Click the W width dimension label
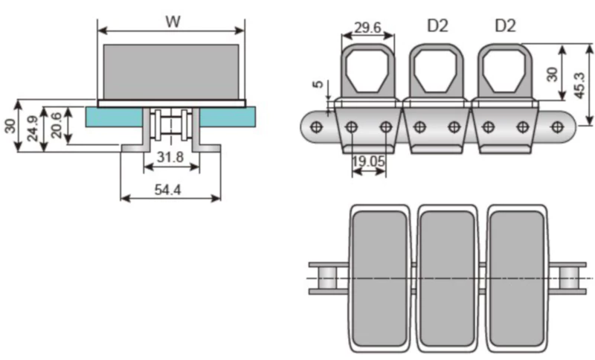tap(173, 22)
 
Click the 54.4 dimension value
tap(170, 190)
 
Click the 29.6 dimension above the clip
tap(367, 28)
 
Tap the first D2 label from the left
tap(437, 26)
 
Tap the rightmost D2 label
tap(506, 26)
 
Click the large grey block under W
tap(172, 71)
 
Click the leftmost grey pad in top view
tap(379, 278)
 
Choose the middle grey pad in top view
tap(447, 278)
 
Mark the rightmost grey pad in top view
tap(515, 278)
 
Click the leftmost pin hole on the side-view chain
tap(317, 127)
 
